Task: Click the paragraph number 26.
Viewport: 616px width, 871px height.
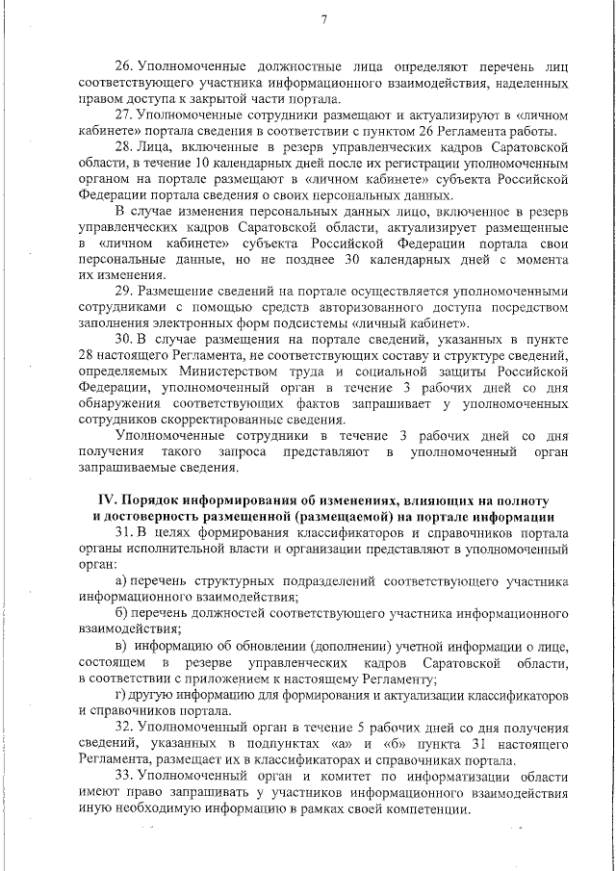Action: (123, 67)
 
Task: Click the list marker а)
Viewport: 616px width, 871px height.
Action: (120, 581)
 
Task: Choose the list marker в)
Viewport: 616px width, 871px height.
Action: (120, 646)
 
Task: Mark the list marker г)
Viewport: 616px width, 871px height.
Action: (119, 694)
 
